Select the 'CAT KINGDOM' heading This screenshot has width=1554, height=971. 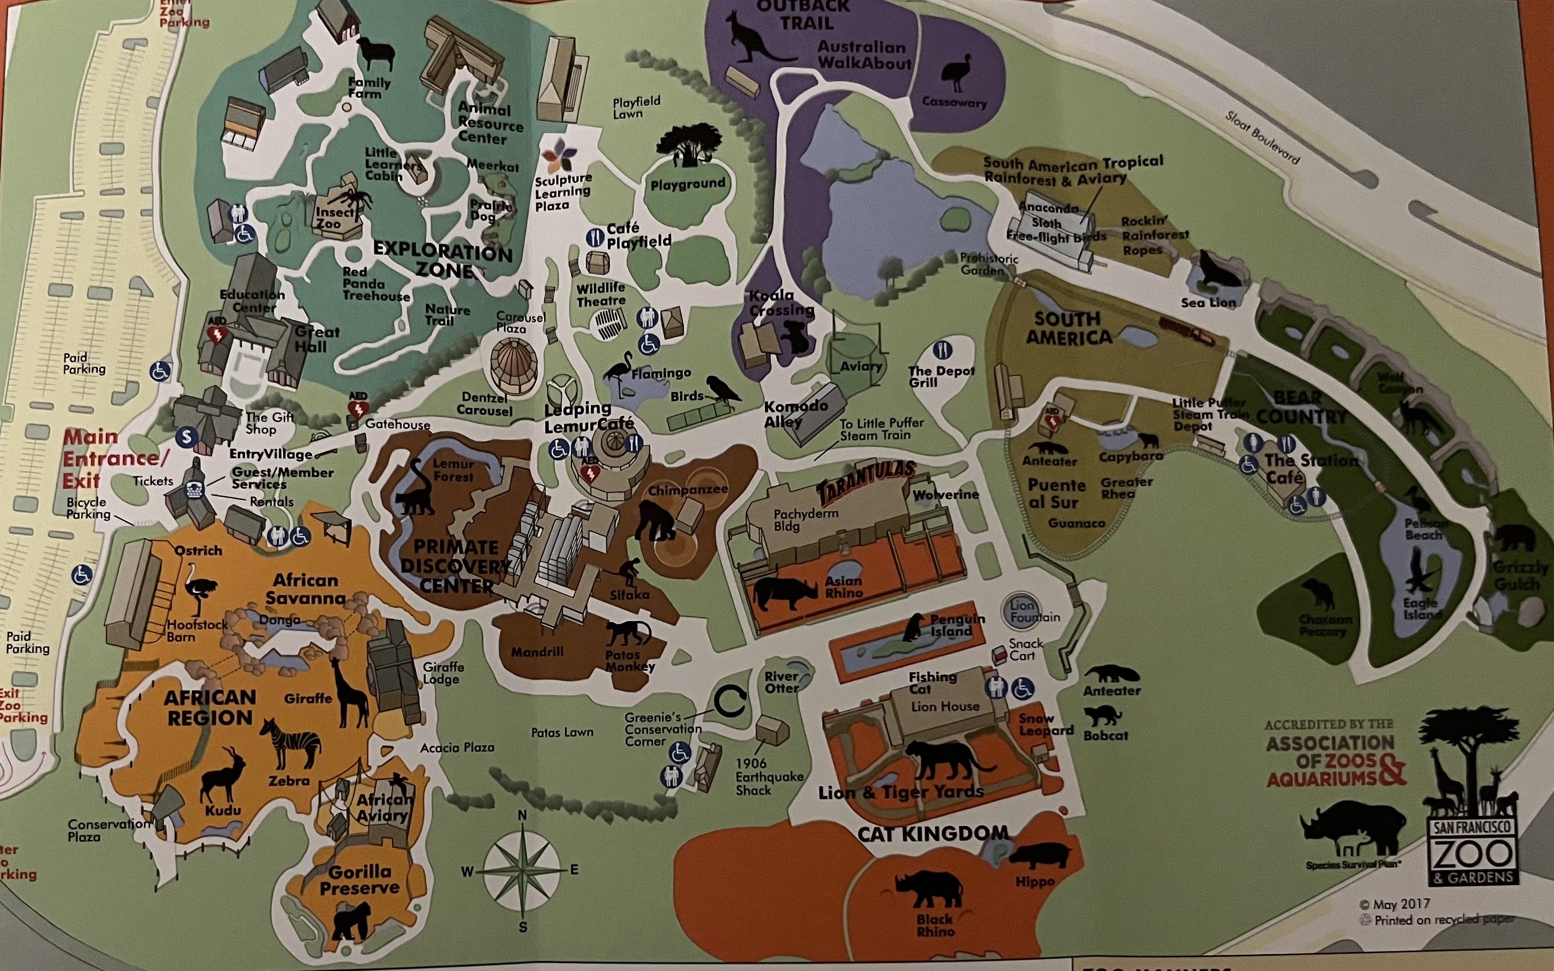[x=933, y=833]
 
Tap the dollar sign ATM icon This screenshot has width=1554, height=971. [x=186, y=437]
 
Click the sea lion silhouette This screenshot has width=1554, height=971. [x=1219, y=270]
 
